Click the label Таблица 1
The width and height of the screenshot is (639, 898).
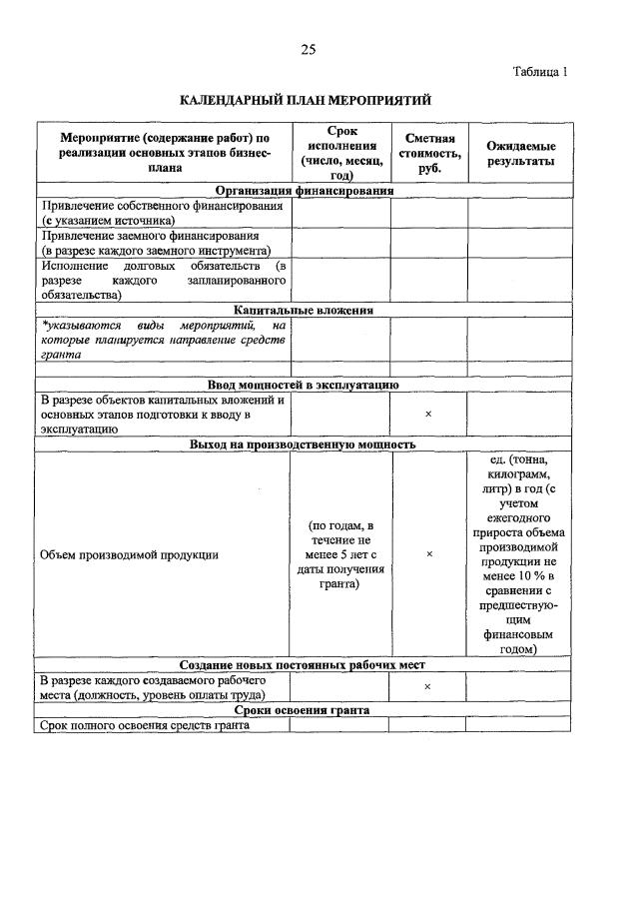pos(540,72)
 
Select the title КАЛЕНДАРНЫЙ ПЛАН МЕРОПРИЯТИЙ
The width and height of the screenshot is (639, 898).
pos(306,101)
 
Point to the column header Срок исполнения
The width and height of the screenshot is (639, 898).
pos(339,153)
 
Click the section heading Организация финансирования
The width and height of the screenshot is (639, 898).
pos(305,190)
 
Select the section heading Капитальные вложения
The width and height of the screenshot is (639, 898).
pos(305,310)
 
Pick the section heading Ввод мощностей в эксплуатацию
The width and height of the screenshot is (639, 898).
pos(304,385)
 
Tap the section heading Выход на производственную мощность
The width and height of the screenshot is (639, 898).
pos(304,445)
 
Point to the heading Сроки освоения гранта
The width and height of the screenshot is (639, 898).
pos(304,710)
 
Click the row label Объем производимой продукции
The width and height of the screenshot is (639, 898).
pos(129,554)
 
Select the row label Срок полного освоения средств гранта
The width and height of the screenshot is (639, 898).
pos(142,725)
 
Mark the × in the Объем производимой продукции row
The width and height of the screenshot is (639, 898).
pos(427,554)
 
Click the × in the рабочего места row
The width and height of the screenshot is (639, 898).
pos(427,687)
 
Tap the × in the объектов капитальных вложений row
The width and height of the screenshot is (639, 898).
pos(427,414)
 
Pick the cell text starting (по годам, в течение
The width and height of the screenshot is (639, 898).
pos(339,554)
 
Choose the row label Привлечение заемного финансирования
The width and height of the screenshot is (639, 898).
pos(157,243)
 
